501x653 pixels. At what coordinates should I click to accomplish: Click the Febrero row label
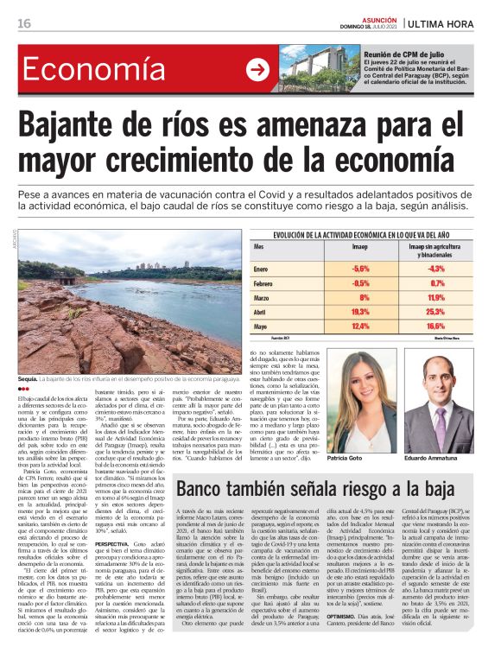[x=288, y=282]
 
